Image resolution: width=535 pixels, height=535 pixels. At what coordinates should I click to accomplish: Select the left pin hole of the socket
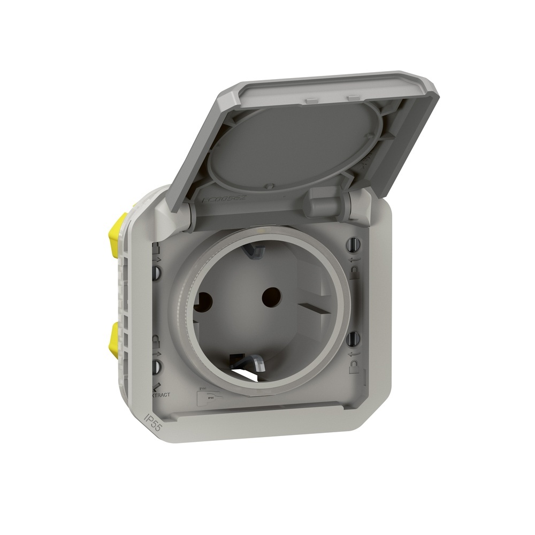(x=204, y=302)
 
